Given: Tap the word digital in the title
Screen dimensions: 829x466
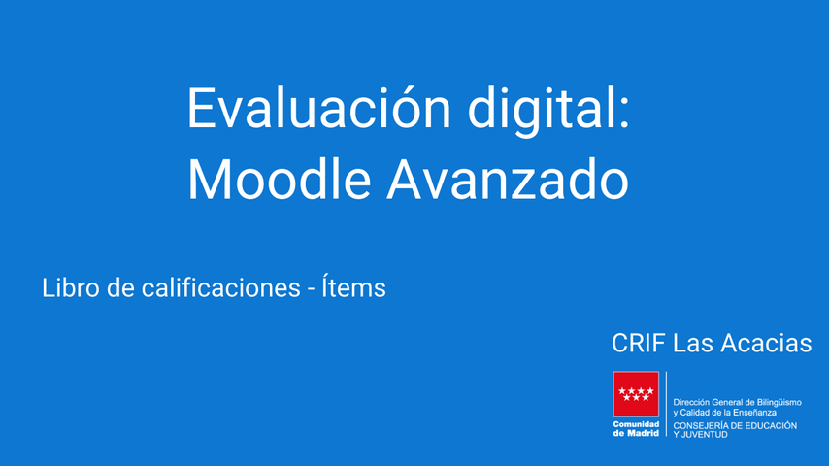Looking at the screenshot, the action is pyautogui.click(x=541, y=111).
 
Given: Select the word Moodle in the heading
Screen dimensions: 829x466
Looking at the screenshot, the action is pyautogui.click(x=280, y=179).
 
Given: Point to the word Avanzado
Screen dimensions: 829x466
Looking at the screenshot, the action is pyautogui.click(x=508, y=179).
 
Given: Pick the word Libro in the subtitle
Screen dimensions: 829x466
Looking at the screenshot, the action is pyautogui.click(x=71, y=287).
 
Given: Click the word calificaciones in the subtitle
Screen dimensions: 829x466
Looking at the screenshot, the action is pyautogui.click(x=220, y=287).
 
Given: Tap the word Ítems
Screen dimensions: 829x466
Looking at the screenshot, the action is pyautogui.click(x=353, y=286).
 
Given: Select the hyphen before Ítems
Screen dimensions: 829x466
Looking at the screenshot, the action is pyautogui.click(x=311, y=290).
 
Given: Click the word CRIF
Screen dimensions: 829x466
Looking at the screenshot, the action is pyautogui.click(x=638, y=344).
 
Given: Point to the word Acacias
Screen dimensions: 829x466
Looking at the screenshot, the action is pyautogui.click(x=766, y=344).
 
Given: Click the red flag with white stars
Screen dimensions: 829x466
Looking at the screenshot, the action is pyautogui.click(x=636, y=394).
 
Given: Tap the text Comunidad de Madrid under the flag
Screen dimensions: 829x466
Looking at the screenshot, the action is pyautogui.click(x=636, y=429).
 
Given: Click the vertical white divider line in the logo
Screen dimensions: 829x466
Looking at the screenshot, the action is pyautogui.click(x=666, y=404).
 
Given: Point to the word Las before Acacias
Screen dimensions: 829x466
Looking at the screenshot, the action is pyautogui.click(x=692, y=344).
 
